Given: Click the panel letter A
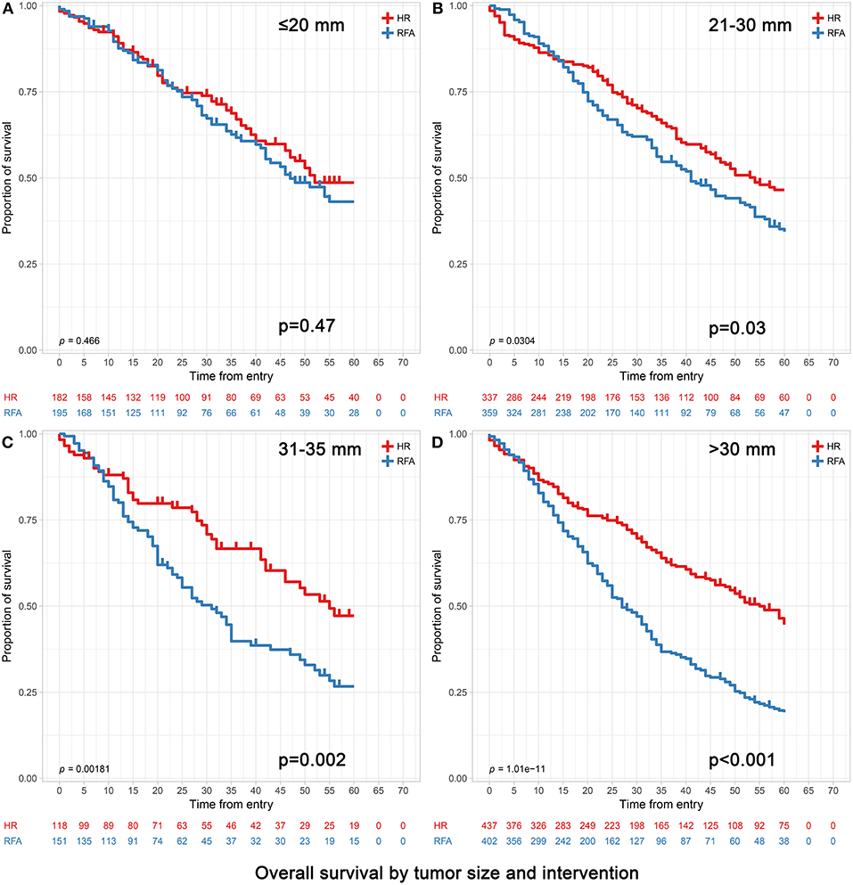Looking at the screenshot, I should [x=6, y=7].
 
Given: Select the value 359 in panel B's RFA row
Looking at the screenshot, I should [x=489, y=411].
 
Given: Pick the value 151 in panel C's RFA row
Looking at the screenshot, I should [x=58, y=839].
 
